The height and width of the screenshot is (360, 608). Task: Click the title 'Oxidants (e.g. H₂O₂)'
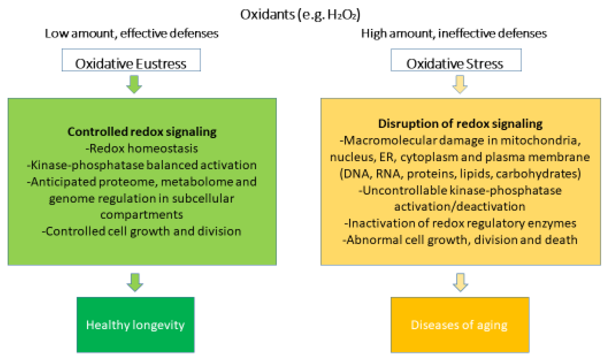300,14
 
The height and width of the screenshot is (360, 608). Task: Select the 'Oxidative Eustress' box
131,60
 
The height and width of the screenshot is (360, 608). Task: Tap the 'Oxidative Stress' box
456,60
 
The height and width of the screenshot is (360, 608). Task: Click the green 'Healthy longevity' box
136,325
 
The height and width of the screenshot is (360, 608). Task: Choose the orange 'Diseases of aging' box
460,325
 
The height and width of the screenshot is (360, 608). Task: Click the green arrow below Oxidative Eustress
134,84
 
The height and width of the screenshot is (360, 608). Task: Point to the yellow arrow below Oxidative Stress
460,84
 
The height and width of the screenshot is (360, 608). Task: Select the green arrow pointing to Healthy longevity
135,282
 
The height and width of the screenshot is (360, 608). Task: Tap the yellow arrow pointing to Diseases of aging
460,282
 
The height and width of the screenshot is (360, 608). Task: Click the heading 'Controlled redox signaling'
142,132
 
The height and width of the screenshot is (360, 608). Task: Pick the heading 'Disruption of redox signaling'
460,124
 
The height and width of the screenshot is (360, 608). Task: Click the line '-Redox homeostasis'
142,148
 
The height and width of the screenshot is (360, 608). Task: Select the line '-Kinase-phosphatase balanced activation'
142,165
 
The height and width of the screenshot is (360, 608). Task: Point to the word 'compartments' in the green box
141,215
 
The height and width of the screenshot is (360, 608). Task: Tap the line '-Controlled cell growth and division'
141,231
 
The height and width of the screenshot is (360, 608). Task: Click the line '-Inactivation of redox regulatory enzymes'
460,223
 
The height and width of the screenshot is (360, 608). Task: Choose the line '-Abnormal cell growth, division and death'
460,240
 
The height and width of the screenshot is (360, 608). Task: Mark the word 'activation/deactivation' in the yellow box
460,206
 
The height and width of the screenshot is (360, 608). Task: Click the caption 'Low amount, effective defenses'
132,33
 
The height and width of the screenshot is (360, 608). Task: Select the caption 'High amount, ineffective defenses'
454,33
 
